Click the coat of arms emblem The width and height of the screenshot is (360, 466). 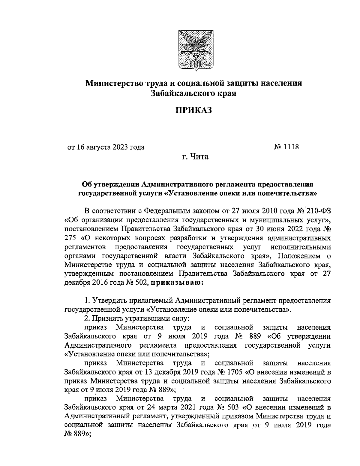[x=193, y=50]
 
